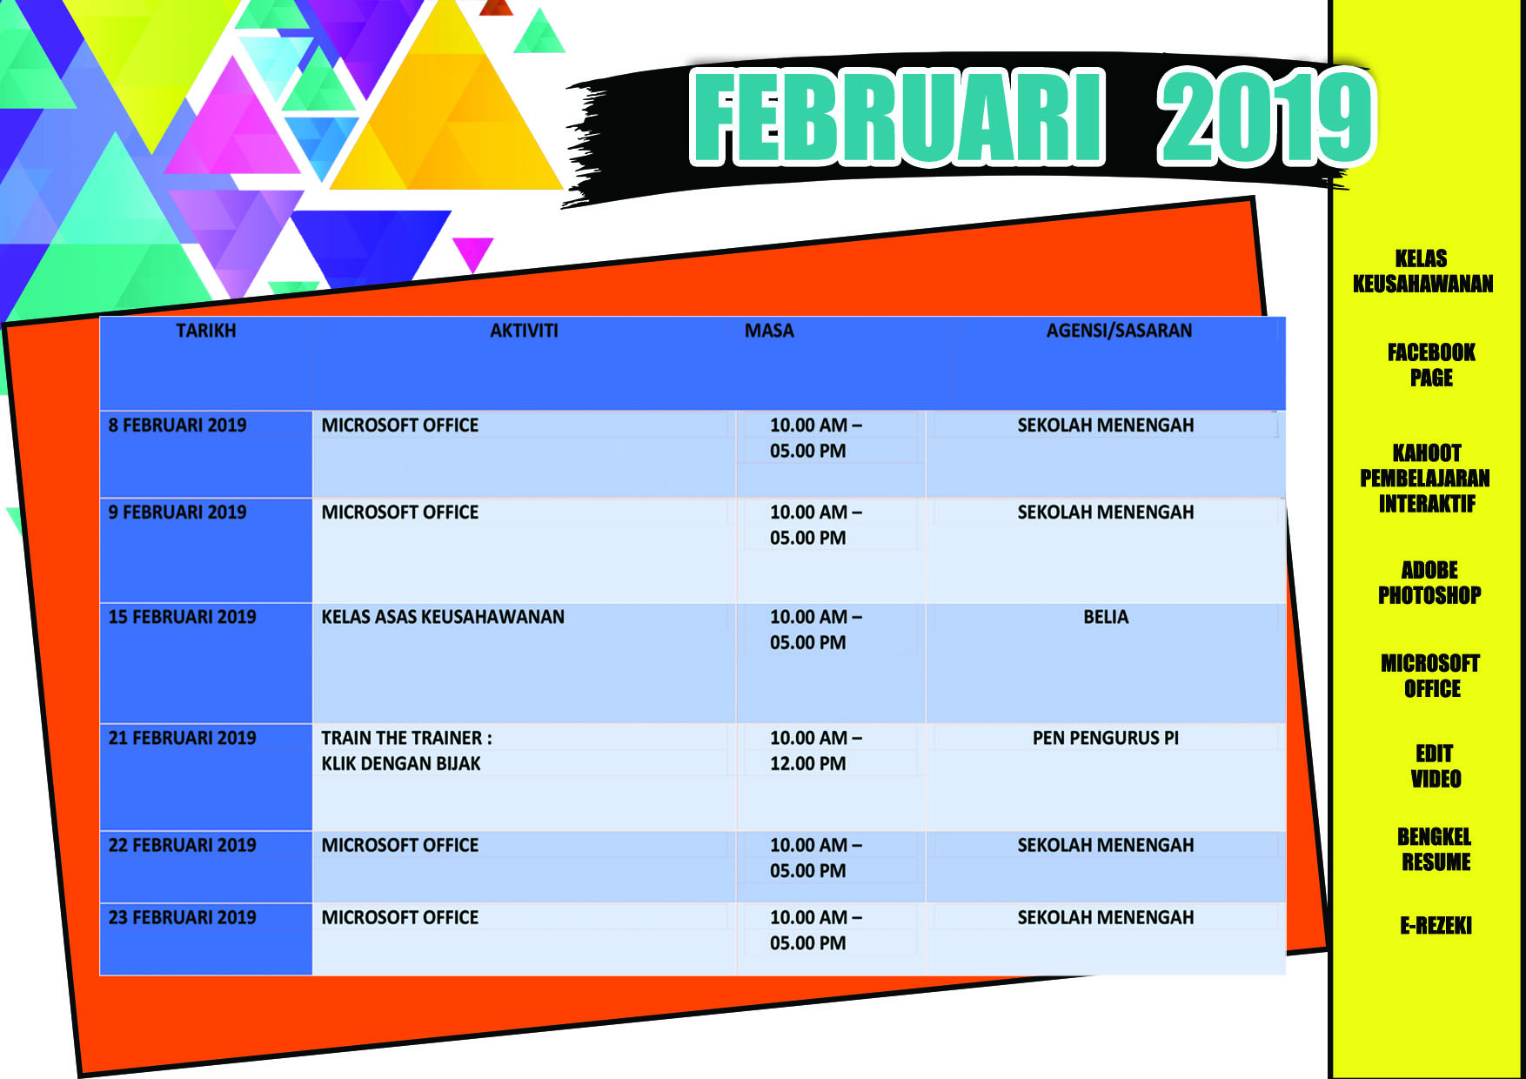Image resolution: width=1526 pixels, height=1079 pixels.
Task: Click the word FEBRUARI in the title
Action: point(897,117)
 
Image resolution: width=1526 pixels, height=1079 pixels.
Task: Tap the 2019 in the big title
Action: point(1266,117)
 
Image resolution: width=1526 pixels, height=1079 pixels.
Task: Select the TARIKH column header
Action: point(206,331)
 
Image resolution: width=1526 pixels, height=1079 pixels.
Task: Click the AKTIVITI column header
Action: point(524,331)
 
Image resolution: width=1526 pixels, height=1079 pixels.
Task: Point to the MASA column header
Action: point(769,331)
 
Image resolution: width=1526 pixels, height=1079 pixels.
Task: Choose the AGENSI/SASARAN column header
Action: point(1119,331)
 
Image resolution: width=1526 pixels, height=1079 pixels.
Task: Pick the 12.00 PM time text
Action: point(807,764)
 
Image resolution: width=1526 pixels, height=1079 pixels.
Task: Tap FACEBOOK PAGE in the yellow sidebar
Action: point(1431,365)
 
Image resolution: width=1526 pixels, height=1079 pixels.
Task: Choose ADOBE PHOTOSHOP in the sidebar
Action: point(1429,582)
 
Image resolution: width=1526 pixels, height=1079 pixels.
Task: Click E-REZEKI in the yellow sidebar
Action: point(1436,925)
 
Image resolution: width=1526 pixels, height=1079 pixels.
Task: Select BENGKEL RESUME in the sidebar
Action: point(1435,849)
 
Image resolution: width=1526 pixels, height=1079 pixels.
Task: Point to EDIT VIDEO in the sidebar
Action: point(1435,766)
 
